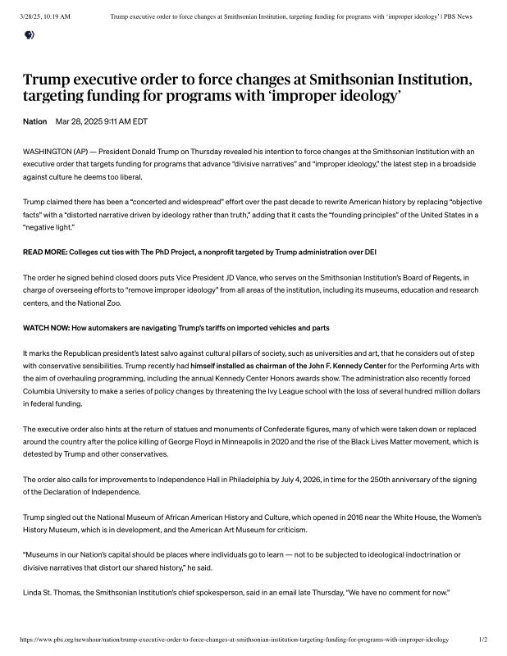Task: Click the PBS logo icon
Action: pyautogui.click(x=30, y=34)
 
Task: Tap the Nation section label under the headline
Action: pyautogui.click(x=34, y=121)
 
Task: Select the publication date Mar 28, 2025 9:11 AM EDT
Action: pyautogui.click(x=101, y=121)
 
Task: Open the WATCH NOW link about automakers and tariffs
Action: pyautogui.click(x=176, y=328)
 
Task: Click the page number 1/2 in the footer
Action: pyautogui.click(x=482, y=639)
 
